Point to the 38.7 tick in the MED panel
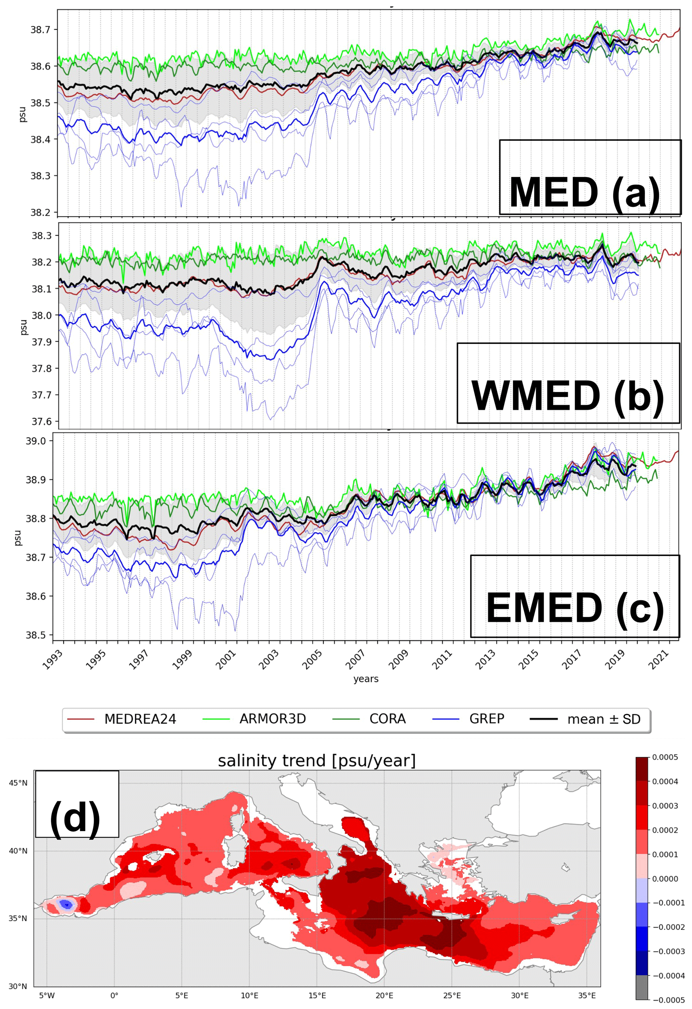(40, 29)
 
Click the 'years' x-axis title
(366, 679)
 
